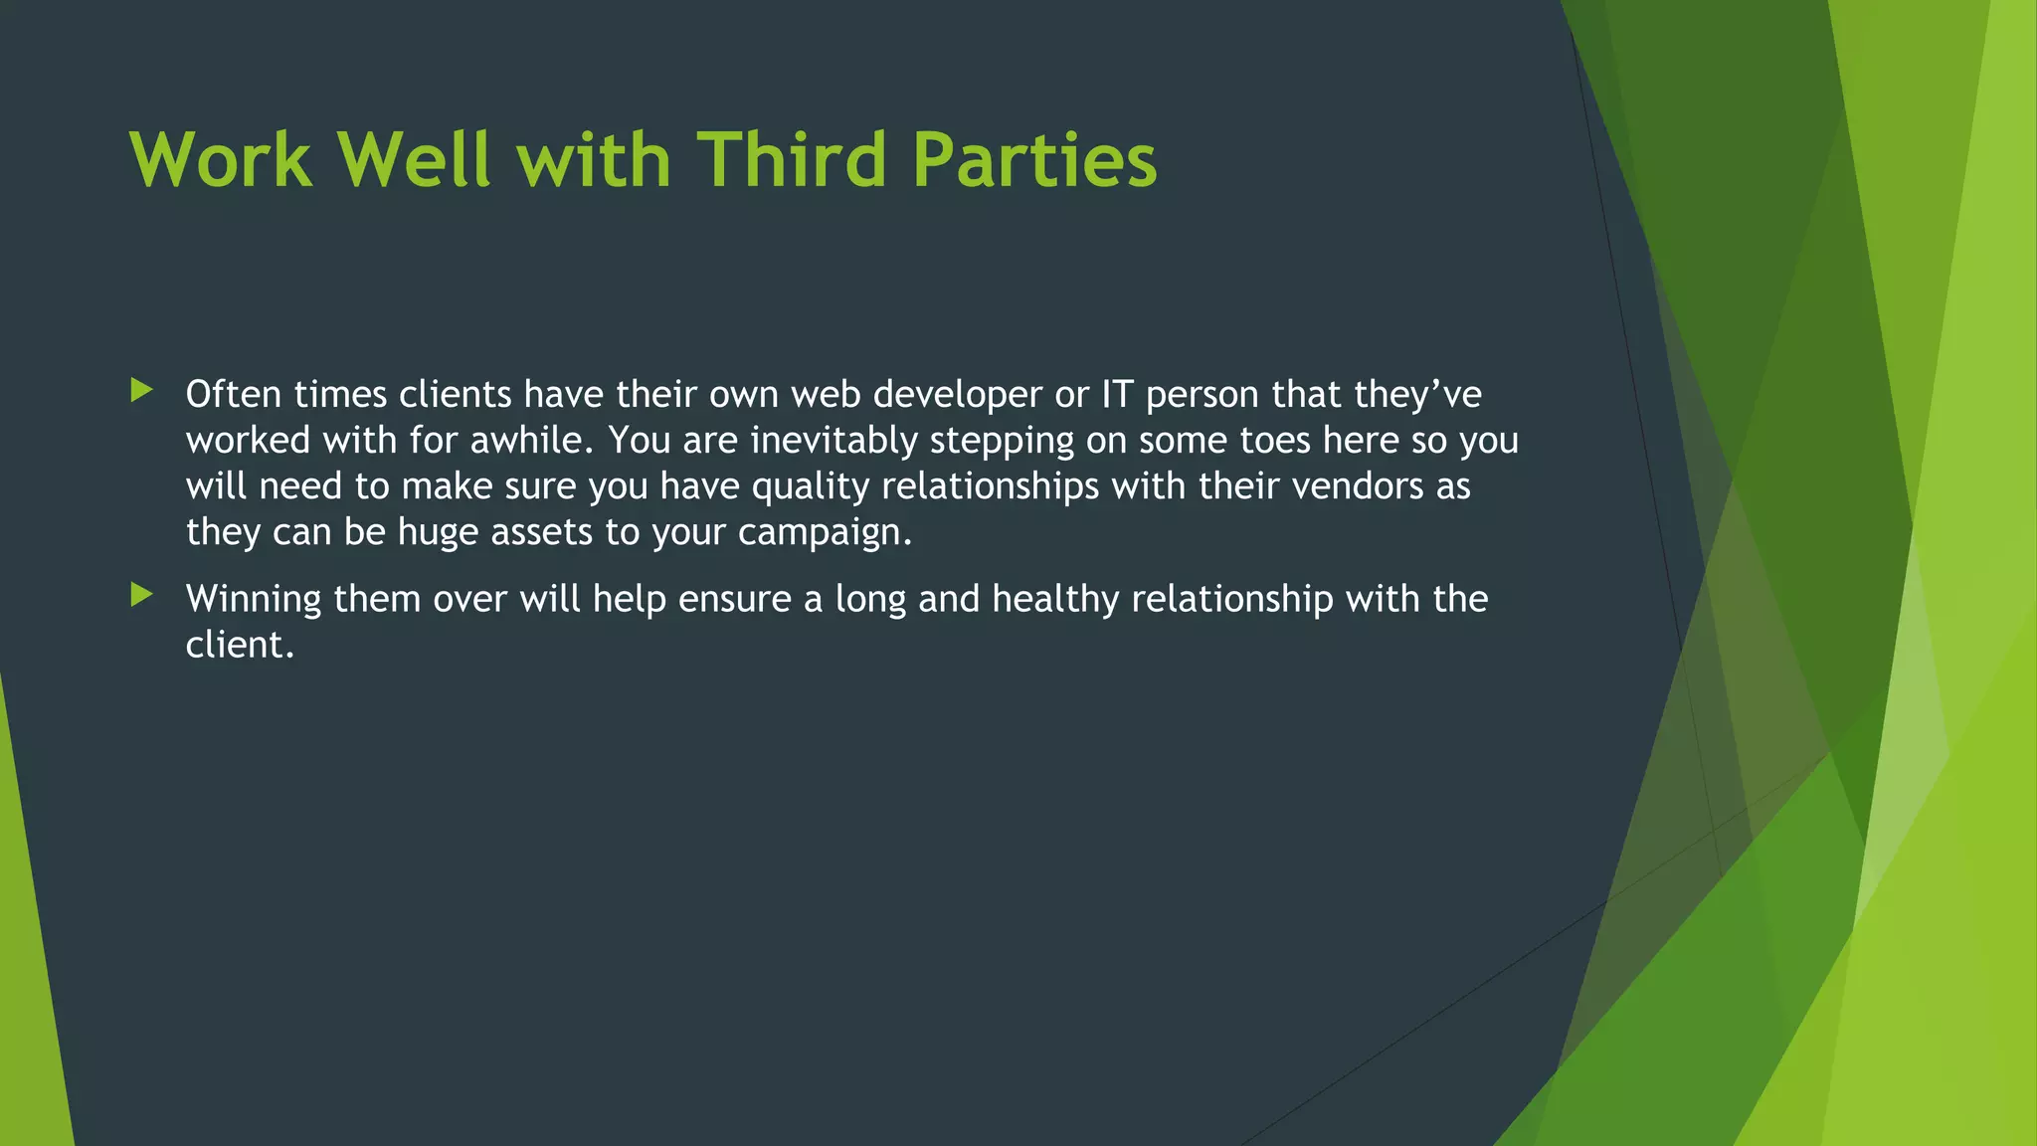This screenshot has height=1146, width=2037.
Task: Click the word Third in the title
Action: [x=791, y=159]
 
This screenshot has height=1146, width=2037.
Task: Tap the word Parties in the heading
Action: [x=1034, y=159]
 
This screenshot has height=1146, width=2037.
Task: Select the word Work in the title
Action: [x=221, y=159]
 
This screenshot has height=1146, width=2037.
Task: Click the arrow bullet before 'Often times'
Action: [x=141, y=390]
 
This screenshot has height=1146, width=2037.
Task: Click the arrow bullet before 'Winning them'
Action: [x=141, y=595]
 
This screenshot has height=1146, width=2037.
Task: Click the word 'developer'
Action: [x=958, y=396]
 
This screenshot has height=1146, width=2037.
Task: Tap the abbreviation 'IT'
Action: [x=1116, y=394]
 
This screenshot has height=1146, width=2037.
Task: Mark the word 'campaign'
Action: [x=825, y=533]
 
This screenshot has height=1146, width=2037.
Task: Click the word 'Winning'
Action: [x=254, y=600]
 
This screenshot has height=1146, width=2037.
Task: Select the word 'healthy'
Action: [x=1055, y=600]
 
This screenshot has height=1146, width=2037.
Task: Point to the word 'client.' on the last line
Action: [x=240, y=645]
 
